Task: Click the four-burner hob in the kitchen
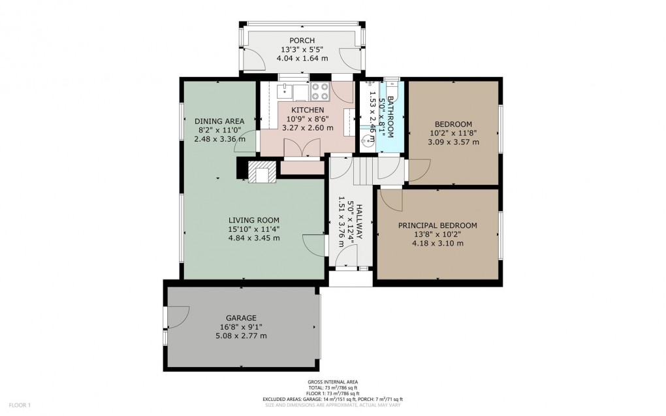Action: pos(320,91)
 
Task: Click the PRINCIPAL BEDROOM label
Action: pos(437,225)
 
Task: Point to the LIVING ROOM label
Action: pos(254,219)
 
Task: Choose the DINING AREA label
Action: pos(219,121)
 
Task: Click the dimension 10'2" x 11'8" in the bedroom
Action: pos(453,133)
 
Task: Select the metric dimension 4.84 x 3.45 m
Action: pos(254,238)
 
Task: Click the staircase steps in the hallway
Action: pos(362,172)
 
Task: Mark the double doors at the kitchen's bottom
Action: pos(302,149)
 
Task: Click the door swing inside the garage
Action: pos(178,318)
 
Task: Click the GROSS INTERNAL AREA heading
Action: pos(333,381)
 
